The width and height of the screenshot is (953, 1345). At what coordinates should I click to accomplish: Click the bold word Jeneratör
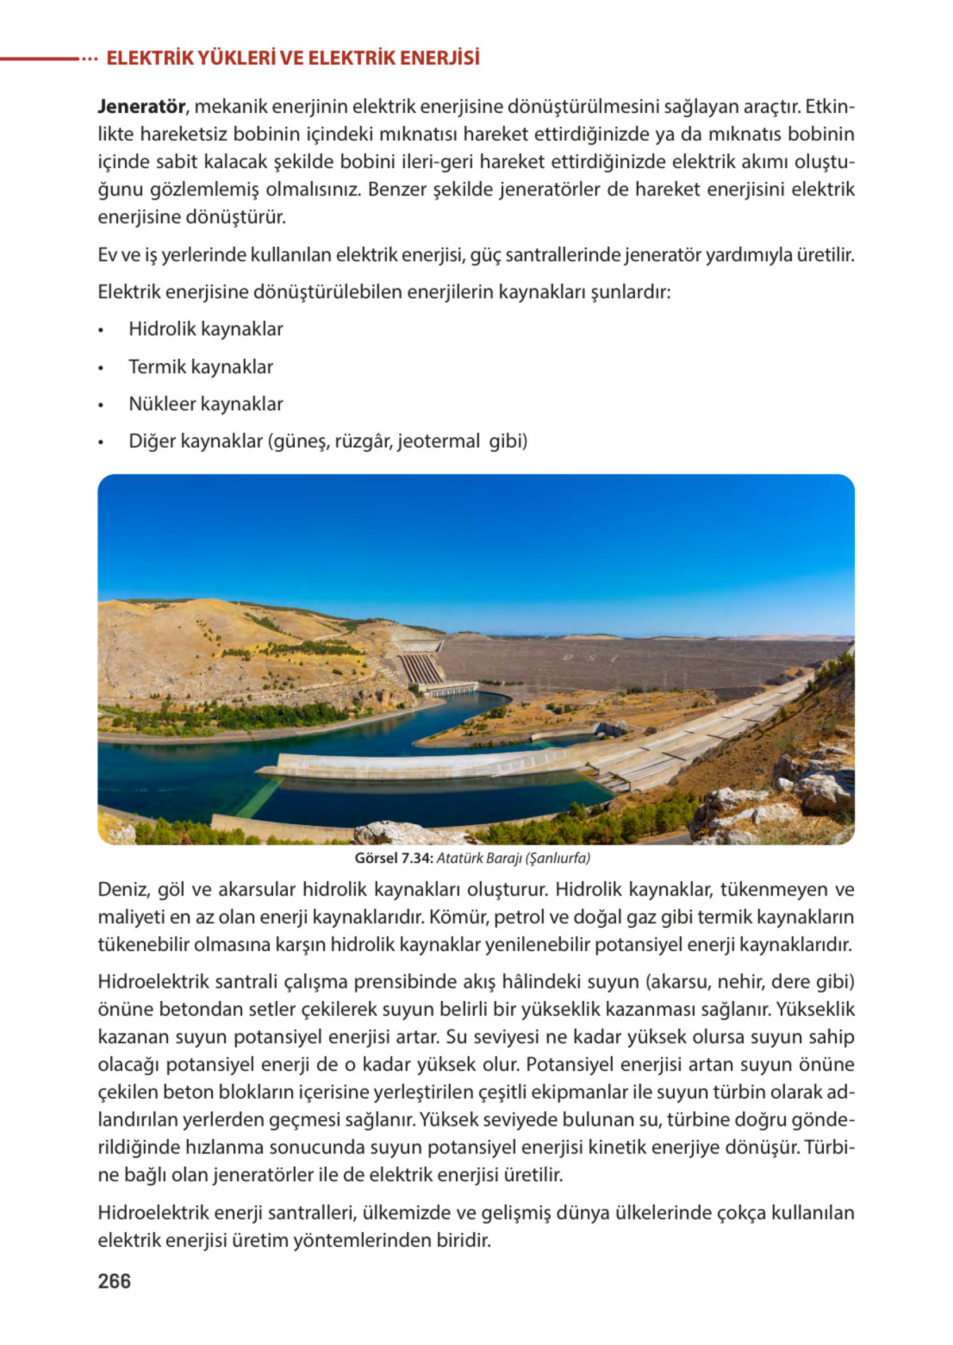[x=141, y=107]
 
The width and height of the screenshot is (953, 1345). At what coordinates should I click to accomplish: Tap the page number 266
[x=114, y=1281]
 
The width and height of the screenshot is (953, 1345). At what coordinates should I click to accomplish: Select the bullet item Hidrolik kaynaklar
[x=206, y=329]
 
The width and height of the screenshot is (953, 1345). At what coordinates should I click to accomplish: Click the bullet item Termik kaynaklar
[x=200, y=367]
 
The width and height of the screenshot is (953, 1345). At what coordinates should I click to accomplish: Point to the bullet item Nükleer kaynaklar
[x=206, y=404]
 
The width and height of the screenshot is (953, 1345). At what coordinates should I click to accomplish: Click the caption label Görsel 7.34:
[x=393, y=858]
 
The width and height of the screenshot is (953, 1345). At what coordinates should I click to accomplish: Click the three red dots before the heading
[x=89, y=59]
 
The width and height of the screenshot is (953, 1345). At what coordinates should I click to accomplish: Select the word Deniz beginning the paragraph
[x=122, y=889]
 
